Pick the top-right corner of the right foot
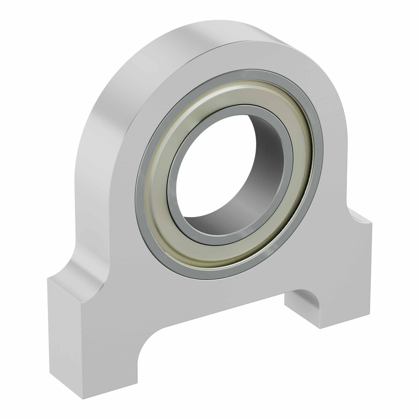coord(372,224)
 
